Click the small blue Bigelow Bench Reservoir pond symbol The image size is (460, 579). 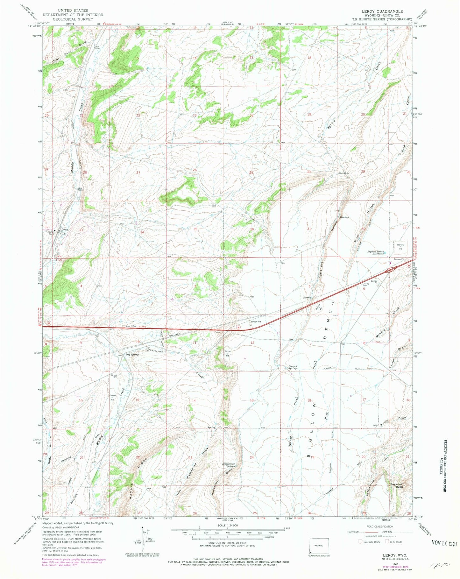coord(385,253)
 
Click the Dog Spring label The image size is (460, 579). coord(132,354)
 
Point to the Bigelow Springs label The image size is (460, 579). coord(293,367)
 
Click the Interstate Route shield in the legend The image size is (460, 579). coord(360,541)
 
